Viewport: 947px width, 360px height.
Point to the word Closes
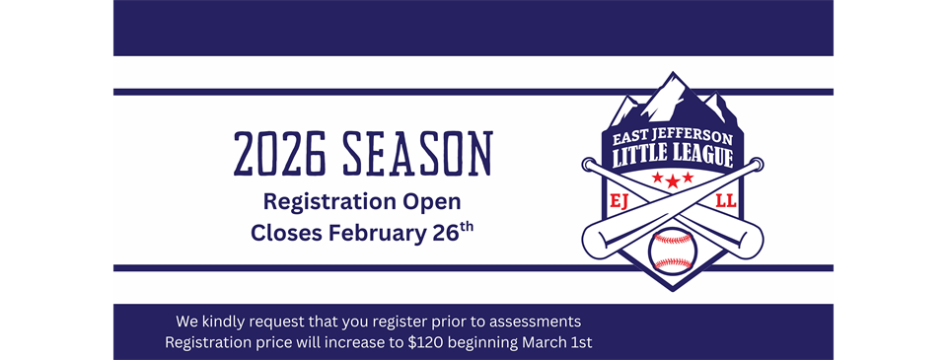click(286, 234)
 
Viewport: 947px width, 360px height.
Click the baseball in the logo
click(672, 251)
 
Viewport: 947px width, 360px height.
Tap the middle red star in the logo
click(673, 180)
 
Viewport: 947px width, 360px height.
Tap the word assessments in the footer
click(540, 322)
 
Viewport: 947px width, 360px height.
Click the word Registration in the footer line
click(208, 342)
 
